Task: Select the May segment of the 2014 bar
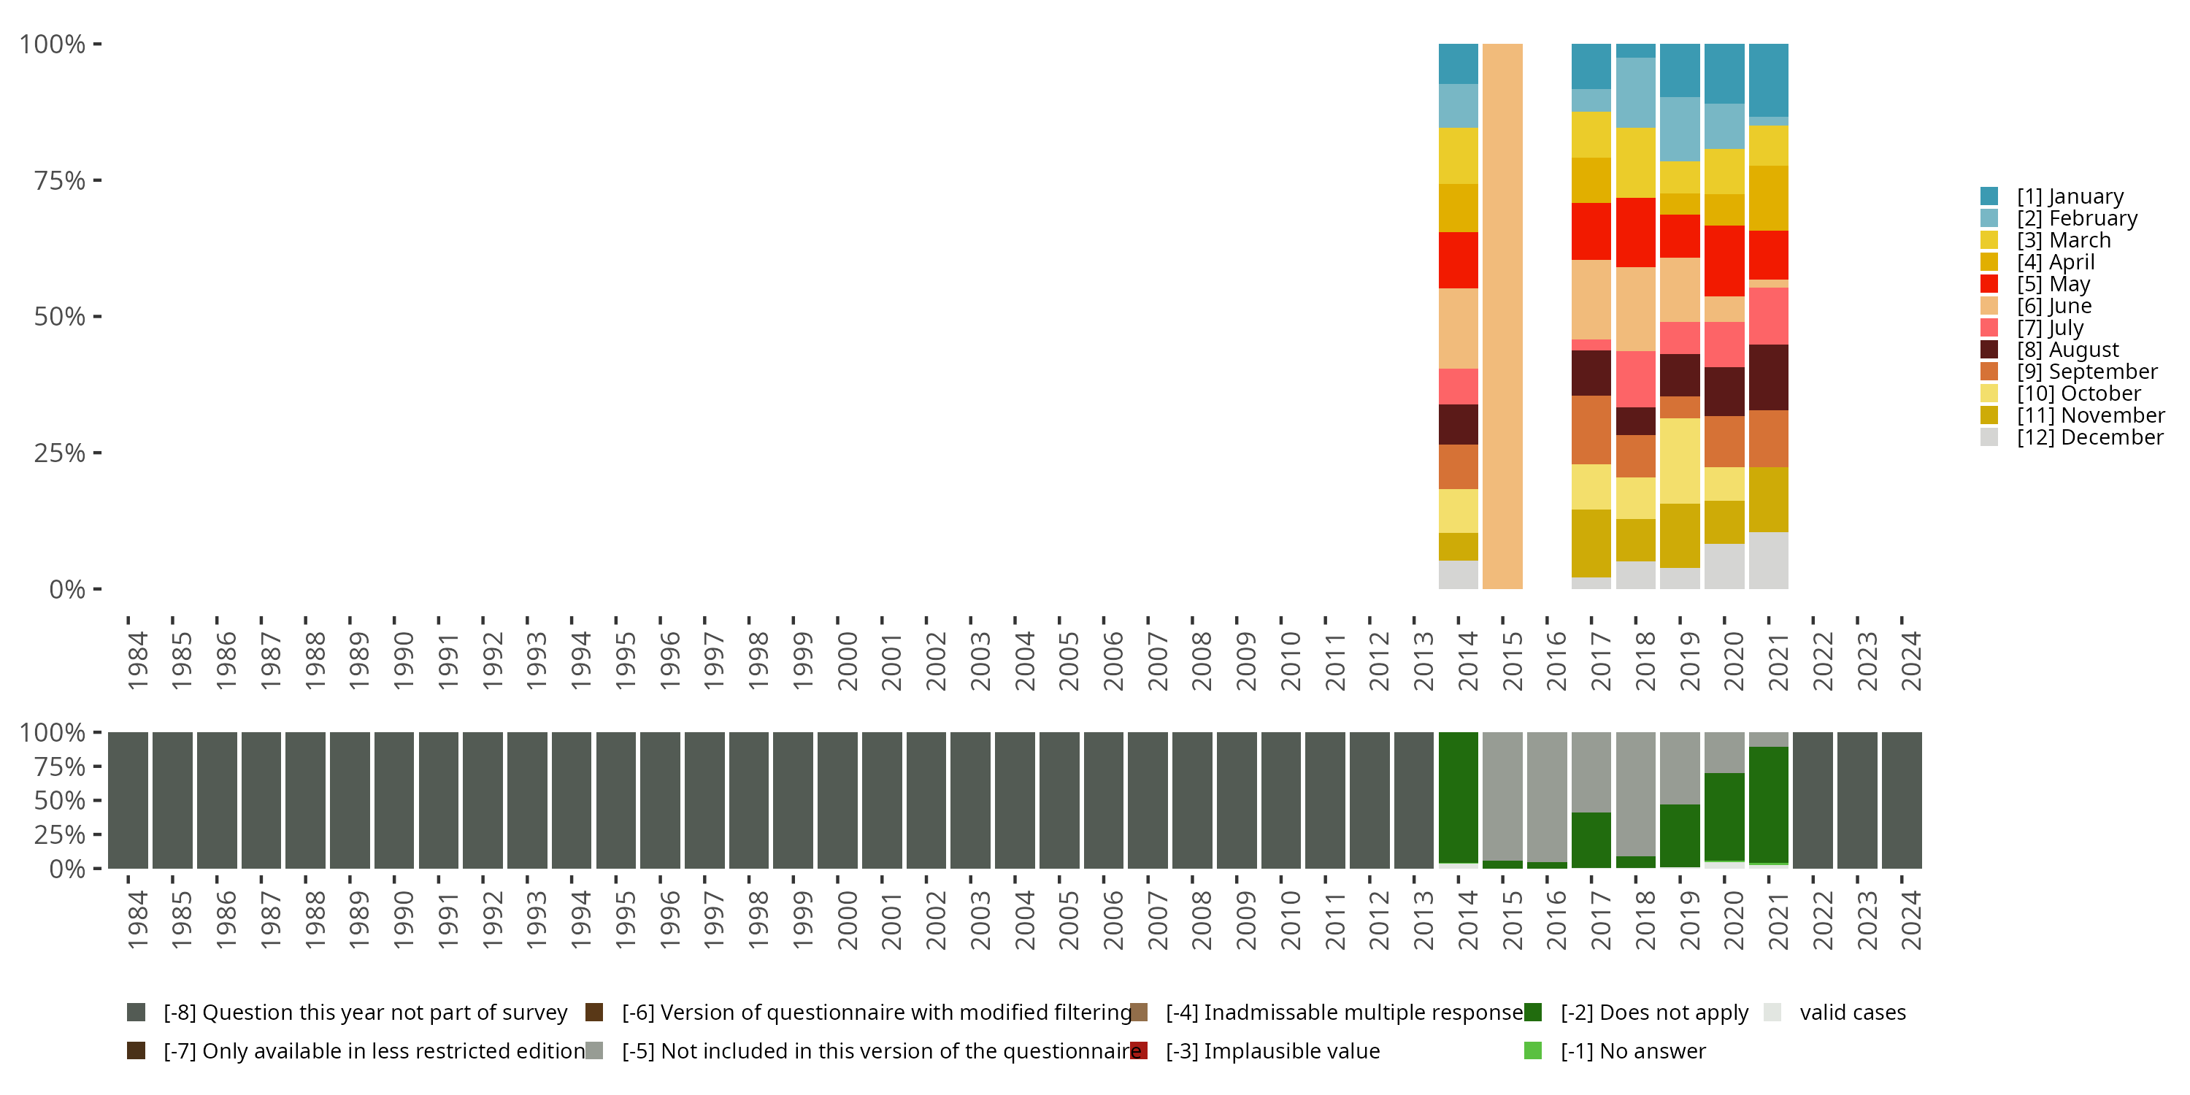point(1458,260)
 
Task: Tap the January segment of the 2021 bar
point(1768,80)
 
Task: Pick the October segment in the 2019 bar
point(1680,461)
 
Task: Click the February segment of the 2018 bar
point(1636,93)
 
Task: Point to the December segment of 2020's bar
point(1724,566)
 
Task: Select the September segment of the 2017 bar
point(1591,430)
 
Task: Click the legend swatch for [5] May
point(1989,284)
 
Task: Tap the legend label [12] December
point(2090,437)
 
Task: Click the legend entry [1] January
point(2070,196)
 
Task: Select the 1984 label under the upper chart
point(138,661)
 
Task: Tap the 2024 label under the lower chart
point(1910,921)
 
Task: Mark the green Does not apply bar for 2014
point(1458,797)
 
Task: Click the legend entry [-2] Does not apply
point(1653,1013)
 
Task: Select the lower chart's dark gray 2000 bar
point(837,800)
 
